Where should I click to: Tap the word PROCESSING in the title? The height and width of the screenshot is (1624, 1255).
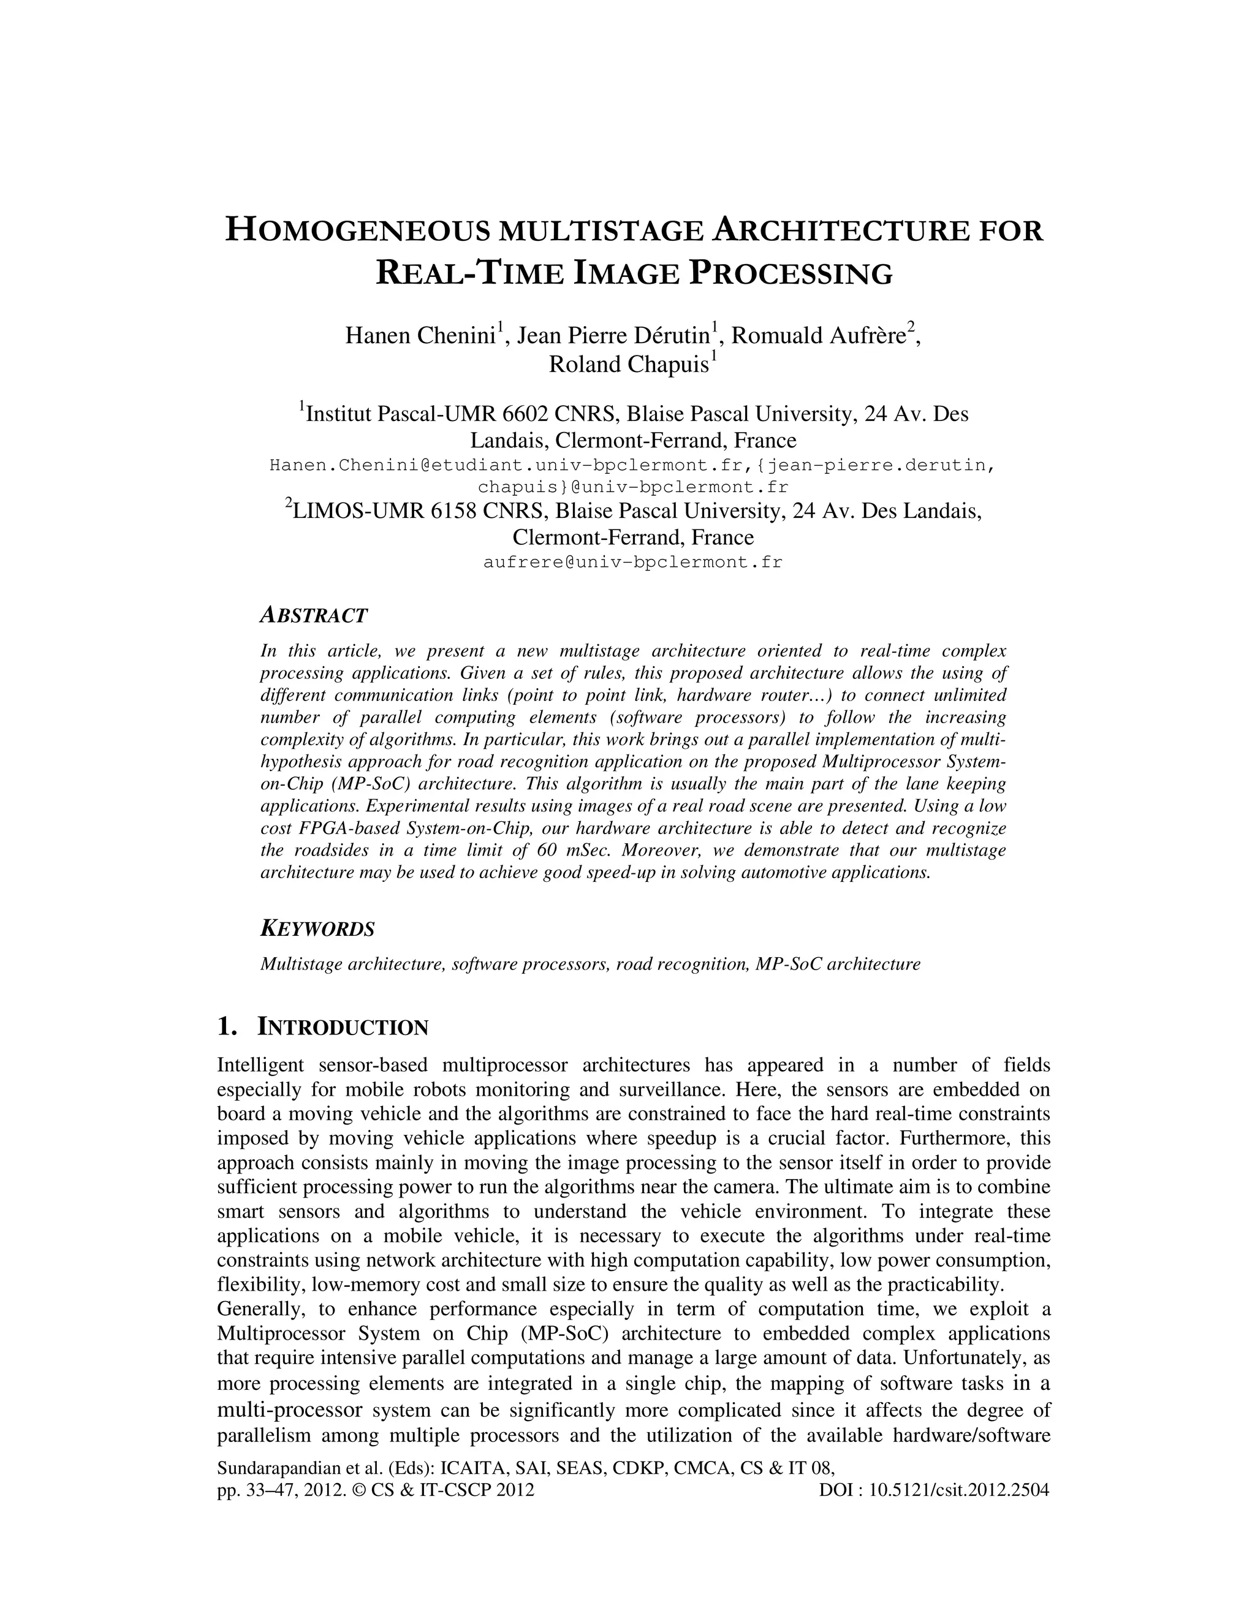791,275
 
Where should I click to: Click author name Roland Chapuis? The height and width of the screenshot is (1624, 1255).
628,365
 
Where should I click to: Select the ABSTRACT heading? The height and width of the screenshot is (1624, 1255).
313,616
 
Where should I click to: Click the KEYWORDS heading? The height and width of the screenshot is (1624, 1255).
317,928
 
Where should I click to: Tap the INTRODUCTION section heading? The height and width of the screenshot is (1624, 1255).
342,1028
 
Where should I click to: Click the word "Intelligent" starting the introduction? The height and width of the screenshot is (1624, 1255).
260,1066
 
